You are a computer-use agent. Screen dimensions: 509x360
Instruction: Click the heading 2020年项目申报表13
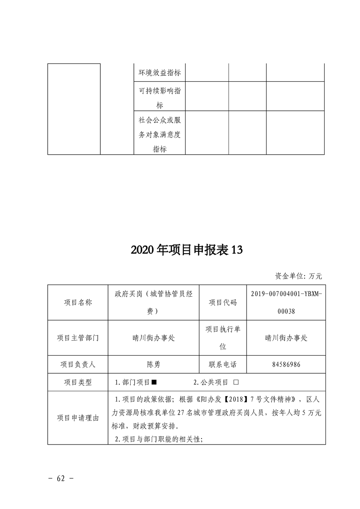click(x=180, y=250)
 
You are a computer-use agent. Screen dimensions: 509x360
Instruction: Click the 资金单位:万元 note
click(x=298, y=275)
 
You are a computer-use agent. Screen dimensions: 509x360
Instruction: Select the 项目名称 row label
click(x=77, y=303)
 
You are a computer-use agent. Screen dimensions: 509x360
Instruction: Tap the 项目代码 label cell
click(x=222, y=303)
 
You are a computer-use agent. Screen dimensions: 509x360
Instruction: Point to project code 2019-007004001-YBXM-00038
click(x=286, y=303)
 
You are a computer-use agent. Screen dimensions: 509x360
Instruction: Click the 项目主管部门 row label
click(x=77, y=338)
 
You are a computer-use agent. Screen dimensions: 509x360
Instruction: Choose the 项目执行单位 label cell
click(x=222, y=338)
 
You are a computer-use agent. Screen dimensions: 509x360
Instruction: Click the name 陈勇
click(x=153, y=364)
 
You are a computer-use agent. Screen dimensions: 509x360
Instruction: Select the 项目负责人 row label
click(x=77, y=364)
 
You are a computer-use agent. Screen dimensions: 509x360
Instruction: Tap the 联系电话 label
click(x=222, y=364)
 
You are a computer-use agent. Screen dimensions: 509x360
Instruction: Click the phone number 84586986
click(x=286, y=364)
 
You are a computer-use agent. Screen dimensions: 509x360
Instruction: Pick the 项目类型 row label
click(x=77, y=382)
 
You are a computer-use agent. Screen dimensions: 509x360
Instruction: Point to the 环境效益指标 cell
click(x=159, y=73)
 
